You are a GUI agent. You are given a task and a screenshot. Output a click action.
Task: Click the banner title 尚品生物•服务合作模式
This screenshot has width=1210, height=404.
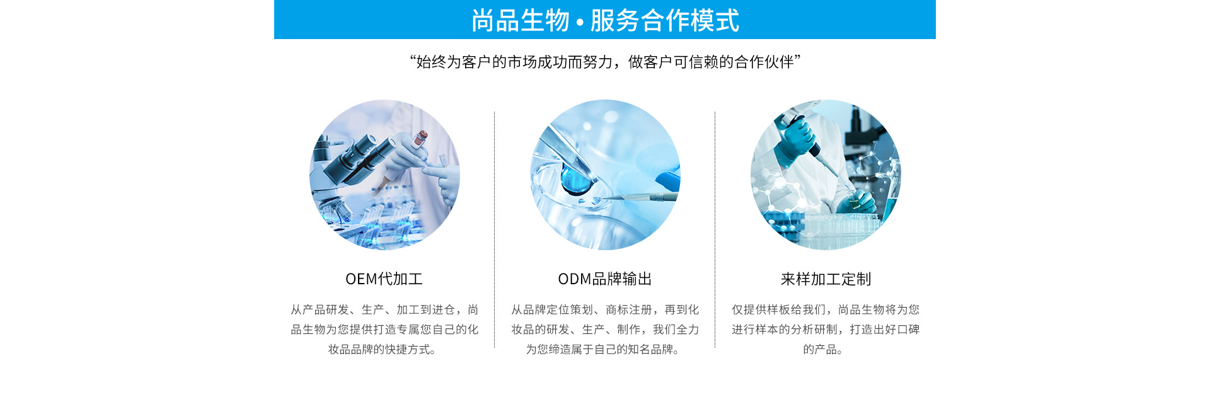tap(605, 20)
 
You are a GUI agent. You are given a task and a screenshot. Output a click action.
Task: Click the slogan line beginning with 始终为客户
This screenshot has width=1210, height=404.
tap(605, 62)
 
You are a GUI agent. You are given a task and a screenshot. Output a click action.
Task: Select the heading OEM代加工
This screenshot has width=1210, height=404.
tap(384, 279)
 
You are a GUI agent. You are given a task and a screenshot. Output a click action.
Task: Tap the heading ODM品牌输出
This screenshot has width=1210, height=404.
tap(605, 279)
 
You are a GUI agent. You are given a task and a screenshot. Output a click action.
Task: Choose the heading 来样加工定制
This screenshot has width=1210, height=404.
tap(826, 279)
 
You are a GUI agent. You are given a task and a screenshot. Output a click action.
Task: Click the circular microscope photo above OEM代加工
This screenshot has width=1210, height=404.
tap(384, 175)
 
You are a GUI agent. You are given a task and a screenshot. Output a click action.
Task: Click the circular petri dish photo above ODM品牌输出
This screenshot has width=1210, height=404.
tap(605, 175)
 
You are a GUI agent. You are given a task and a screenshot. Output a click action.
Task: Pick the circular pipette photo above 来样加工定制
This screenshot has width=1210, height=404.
tap(826, 175)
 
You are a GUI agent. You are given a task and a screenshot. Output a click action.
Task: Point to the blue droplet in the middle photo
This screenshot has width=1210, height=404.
tap(577, 178)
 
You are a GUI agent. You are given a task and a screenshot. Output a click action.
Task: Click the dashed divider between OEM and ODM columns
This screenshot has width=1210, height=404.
tap(495, 230)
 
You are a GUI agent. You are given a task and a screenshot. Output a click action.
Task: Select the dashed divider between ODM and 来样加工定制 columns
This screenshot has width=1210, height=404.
tap(715, 230)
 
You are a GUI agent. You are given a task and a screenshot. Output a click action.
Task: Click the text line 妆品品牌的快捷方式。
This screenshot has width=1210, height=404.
tap(382, 349)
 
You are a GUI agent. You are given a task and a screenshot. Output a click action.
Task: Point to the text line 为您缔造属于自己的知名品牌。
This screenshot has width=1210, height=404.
tap(602, 349)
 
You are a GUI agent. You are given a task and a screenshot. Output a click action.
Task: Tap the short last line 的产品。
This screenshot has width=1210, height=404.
tap(823, 349)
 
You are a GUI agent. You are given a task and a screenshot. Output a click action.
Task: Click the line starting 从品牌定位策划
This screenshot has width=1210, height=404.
tap(605, 309)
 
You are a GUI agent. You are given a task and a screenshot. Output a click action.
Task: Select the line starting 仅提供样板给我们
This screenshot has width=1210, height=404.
tap(826, 309)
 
